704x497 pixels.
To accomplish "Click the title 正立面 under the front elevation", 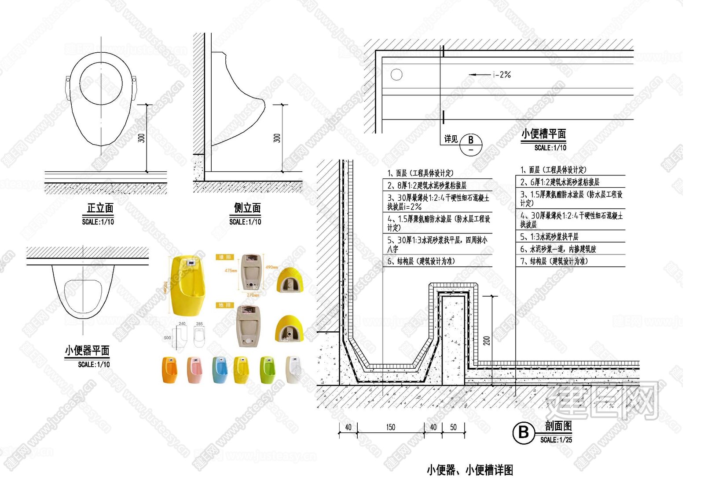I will (x=100, y=208).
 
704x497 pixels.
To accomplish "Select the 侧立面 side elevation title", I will (x=247, y=208).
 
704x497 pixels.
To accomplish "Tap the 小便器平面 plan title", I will (x=87, y=350).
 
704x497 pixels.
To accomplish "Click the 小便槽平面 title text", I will (x=543, y=134).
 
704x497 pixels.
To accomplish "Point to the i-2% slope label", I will (x=502, y=75).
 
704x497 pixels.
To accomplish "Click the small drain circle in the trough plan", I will (x=396, y=75).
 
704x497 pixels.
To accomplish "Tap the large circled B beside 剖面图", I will (x=524, y=432).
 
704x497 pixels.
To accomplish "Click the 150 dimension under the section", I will (x=390, y=427).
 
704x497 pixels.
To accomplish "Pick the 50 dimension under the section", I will (x=453, y=427).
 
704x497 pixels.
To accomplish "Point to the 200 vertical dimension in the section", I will (x=487, y=341).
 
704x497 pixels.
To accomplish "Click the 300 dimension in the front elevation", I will (x=141, y=138).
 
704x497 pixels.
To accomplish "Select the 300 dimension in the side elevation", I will (x=277, y=138).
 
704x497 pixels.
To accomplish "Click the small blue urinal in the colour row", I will (x=220, y=370).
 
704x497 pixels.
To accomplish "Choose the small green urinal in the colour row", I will (x=267, y=370).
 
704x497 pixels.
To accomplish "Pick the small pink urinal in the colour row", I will (x=194, y=370).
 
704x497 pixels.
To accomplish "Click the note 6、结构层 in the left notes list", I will (x=421, y=261).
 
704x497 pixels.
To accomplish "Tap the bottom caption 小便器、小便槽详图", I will (x=469, y=470).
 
